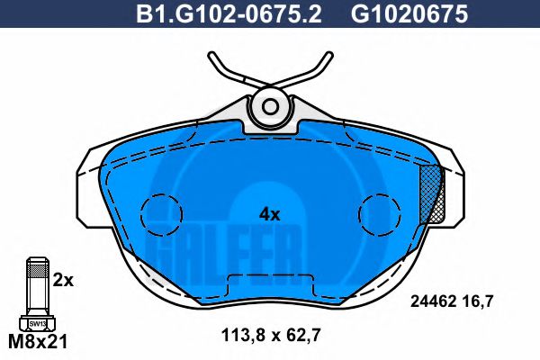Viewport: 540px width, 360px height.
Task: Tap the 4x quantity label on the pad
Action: (270, 214)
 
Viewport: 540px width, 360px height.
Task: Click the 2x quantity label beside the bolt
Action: (63, 280)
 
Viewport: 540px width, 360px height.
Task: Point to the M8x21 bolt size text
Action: (38, 342)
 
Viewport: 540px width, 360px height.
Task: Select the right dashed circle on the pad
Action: (378, 213)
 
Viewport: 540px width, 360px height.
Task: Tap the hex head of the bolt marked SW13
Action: (37, 323)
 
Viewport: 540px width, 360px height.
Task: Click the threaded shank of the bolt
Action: (37, 284)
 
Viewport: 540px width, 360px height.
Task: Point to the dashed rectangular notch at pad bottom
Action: (270, 283)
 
